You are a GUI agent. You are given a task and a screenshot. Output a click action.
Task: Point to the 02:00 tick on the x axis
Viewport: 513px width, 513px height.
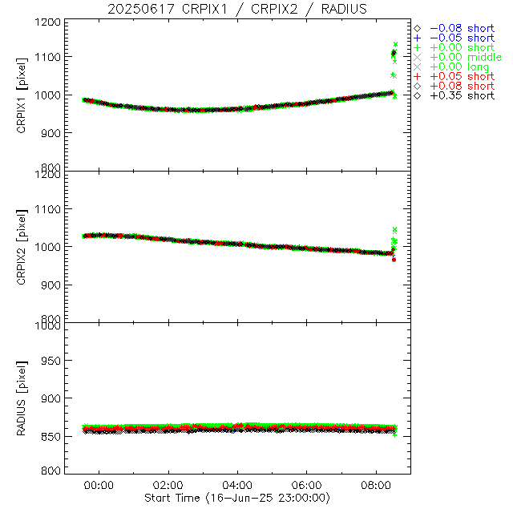click(168, 485)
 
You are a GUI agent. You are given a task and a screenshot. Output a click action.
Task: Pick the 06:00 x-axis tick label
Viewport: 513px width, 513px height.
click(307, 485)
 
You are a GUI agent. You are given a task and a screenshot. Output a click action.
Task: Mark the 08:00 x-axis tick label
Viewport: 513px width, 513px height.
click(377, 485)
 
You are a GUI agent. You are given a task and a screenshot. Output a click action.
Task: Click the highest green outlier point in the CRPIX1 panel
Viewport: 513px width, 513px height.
click(395, 44)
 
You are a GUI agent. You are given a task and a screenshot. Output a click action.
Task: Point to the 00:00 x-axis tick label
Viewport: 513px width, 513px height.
click(99, 485)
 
